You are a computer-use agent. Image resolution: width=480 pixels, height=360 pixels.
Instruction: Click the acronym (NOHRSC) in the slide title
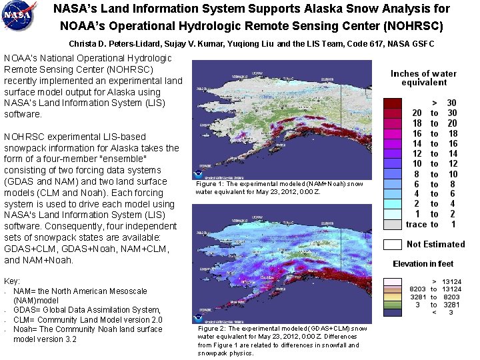[408, 27]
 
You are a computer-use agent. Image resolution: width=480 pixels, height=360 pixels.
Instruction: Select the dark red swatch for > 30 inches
[393, 103]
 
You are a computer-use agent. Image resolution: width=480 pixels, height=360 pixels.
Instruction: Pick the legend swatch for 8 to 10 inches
[393, 173]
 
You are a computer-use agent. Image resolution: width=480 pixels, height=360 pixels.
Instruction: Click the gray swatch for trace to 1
[393, 224]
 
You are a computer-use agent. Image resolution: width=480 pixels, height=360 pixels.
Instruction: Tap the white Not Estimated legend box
[393, 244]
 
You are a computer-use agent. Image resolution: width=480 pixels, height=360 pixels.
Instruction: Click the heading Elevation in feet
[423, 264]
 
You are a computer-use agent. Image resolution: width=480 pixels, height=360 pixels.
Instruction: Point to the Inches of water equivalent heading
[423, 78]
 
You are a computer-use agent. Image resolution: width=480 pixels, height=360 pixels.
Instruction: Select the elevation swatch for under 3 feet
[393, 312]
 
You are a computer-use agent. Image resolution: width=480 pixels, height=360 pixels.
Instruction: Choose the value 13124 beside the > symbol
[452, 282]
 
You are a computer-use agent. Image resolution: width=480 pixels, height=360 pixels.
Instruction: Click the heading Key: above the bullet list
[12, 282]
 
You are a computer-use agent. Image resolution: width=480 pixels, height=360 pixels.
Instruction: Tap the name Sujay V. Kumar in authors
[205, 44]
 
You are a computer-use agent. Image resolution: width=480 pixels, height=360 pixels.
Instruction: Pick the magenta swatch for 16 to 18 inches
[393, 133]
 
